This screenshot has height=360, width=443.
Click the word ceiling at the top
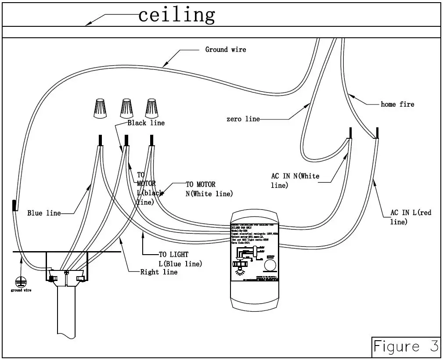point(176,15)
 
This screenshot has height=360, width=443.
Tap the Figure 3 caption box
point(405,346)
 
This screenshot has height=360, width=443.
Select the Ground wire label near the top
point(226,50)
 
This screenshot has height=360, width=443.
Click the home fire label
point(397,104)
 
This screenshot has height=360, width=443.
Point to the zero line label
point(243,119)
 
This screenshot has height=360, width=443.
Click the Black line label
point(146,123)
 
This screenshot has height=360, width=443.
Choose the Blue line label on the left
point(44,213)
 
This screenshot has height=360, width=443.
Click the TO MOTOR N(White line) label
point(209,189)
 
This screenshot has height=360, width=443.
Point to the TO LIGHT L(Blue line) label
point(180,259)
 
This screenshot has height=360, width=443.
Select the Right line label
point(159,272)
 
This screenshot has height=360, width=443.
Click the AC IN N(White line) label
point(295,180)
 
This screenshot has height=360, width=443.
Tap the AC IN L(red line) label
point(411,217)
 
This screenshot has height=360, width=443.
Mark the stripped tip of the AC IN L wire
point(377,133)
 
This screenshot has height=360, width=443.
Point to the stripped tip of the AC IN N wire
point(350,133)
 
